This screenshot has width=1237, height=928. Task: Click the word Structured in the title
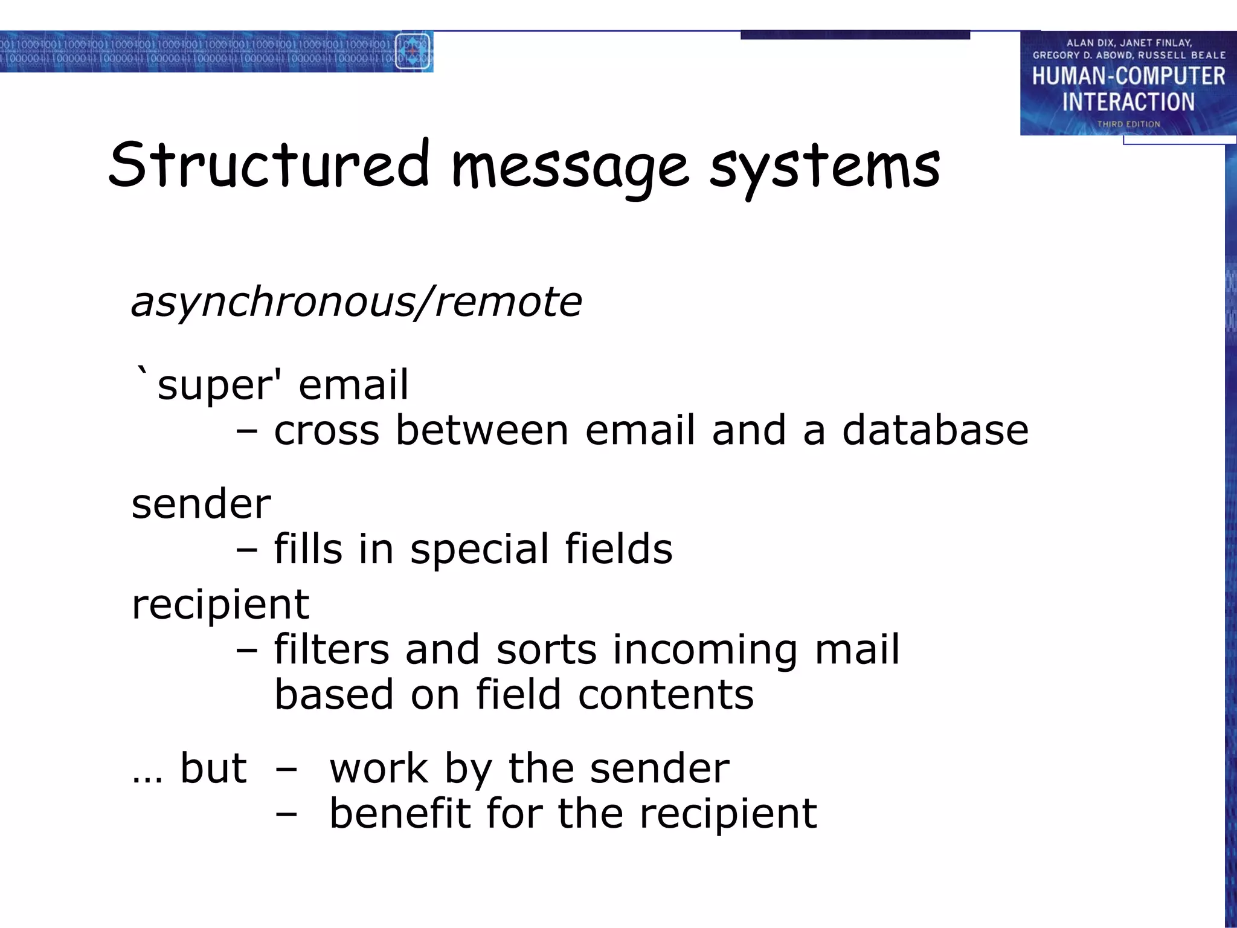(x=268, y=164)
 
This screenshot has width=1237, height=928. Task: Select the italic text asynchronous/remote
(x=356, y=302)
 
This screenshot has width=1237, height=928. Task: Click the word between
(x=482, y=431)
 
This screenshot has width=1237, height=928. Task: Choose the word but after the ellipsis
(x=213, y=768)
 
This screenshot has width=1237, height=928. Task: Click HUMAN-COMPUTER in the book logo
(x=1128, y=76)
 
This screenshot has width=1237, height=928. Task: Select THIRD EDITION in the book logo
(x=1128, y=124)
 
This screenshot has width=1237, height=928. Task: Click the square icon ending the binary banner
(x=413, y=51)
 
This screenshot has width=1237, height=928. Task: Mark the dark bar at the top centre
(x=855, y=36)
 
